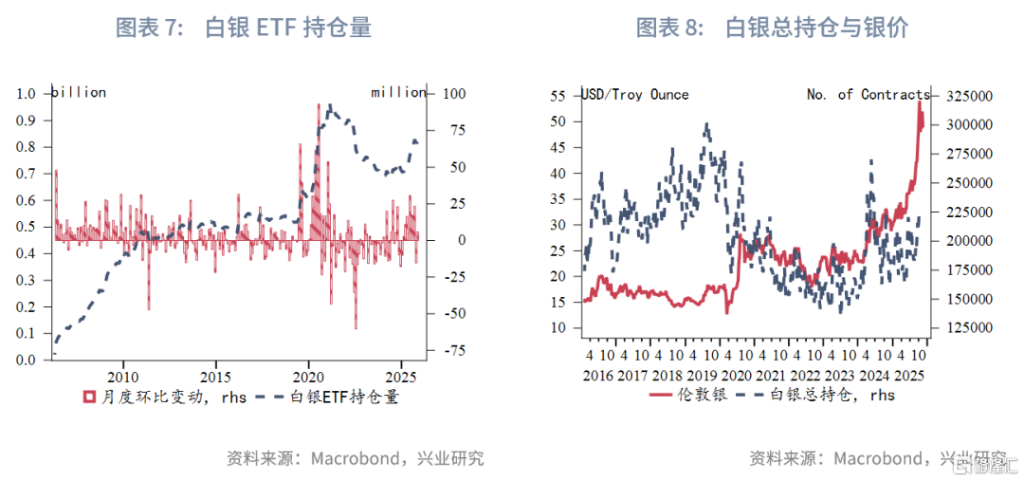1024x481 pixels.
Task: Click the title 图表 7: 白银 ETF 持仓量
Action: pos(243,28)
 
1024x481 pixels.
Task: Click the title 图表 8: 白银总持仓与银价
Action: pos(772,28)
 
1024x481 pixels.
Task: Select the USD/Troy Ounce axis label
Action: pos(634,95)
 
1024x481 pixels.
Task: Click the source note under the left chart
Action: pos(356,459)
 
